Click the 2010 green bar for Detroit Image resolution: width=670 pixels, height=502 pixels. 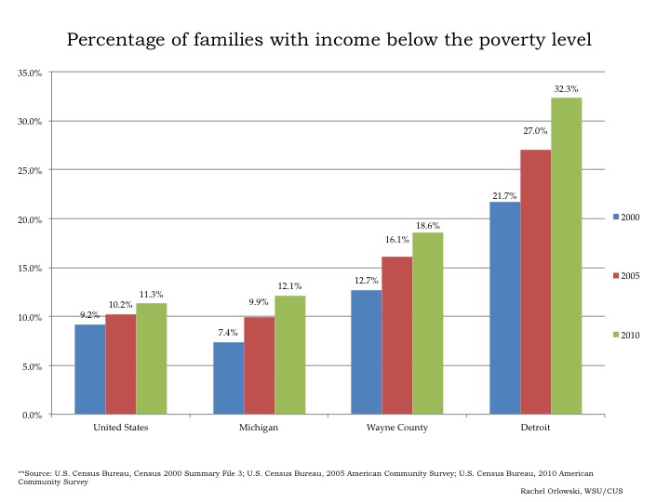566,256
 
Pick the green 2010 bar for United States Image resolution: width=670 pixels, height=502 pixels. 151,359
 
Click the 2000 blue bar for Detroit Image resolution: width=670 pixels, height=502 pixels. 504,308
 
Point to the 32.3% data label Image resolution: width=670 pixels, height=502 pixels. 566,89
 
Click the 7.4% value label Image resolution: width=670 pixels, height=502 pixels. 228,333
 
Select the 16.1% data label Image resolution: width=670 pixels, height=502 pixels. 397,240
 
